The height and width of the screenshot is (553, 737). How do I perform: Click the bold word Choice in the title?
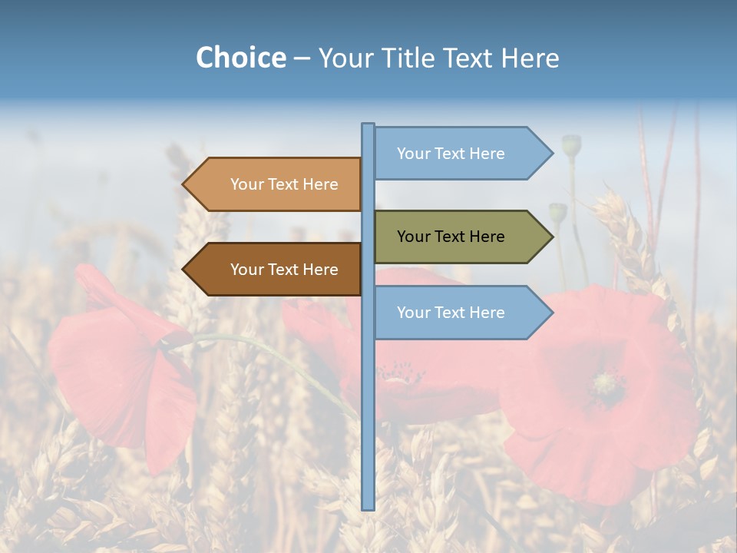point(240,58)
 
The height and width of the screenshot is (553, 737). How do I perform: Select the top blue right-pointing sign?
point(461,154)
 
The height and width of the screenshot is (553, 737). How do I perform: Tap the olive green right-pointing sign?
point(461,237)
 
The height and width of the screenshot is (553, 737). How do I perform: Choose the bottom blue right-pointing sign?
point(461,313)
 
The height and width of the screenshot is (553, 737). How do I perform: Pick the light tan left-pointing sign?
point(276,184)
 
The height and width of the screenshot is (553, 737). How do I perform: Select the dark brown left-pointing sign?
point(276,270)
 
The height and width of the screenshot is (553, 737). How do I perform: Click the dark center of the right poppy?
point(607,382)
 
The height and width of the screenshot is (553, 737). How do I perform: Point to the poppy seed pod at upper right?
point(571,144)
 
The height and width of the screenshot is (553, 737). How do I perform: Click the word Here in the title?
point(529,58)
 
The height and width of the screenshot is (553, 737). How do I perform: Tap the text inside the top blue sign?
point(451,154)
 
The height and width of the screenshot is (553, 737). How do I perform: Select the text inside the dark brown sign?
point(284,270)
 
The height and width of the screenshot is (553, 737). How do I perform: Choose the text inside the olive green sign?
point(451,237)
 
